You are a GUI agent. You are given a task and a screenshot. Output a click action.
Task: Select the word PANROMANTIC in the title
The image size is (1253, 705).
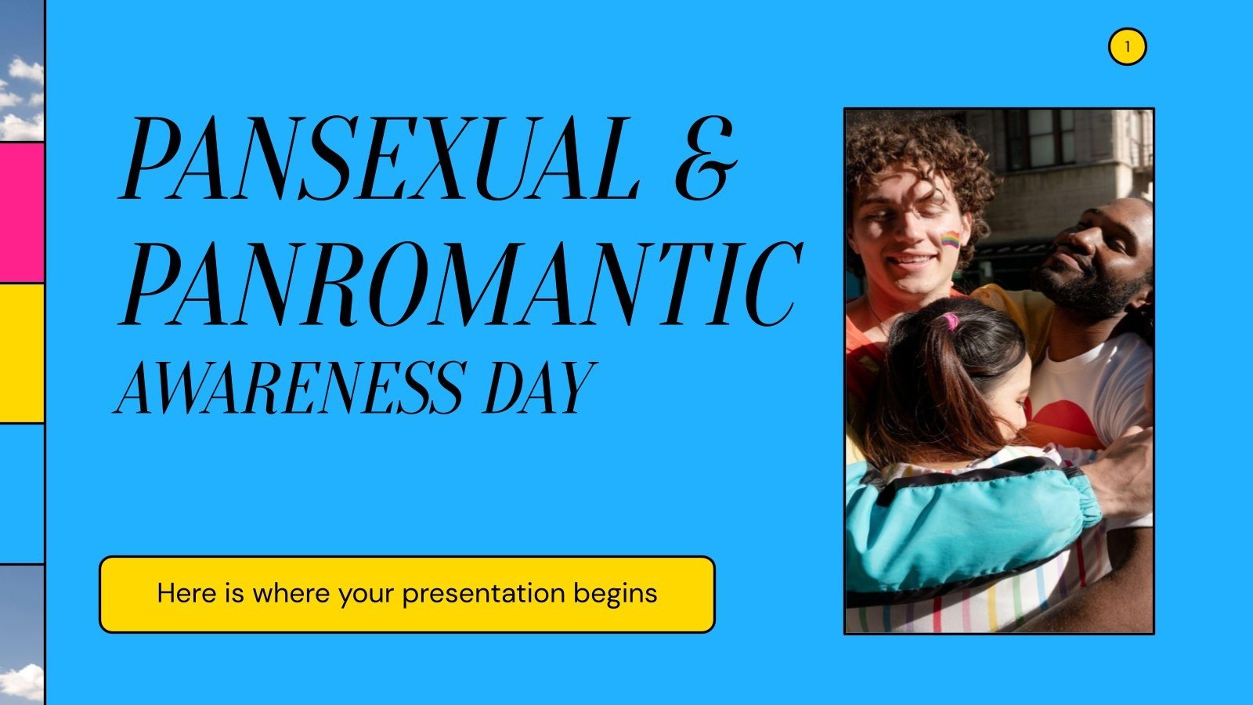click(460, 284)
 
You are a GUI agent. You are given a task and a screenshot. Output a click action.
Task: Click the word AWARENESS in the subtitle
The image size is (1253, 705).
click(288, 388)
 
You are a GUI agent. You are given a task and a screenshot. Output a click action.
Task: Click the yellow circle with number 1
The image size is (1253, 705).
click(1127, 47)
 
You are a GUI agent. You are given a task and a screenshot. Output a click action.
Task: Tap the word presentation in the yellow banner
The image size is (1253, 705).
click(483, 593)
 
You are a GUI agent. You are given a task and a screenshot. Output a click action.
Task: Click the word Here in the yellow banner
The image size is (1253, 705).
click(185, 593)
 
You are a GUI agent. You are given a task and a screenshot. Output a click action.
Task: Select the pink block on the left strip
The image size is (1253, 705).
click(21, 212)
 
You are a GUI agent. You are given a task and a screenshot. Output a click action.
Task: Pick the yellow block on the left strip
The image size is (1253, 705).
click(21, 352)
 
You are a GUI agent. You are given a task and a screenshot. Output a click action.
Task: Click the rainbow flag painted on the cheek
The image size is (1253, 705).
click(950, 240)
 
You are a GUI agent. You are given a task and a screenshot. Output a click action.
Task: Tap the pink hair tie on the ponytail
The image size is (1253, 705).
click(950, 320)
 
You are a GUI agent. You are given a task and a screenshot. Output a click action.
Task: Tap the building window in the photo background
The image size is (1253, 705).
click(1042, 137)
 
